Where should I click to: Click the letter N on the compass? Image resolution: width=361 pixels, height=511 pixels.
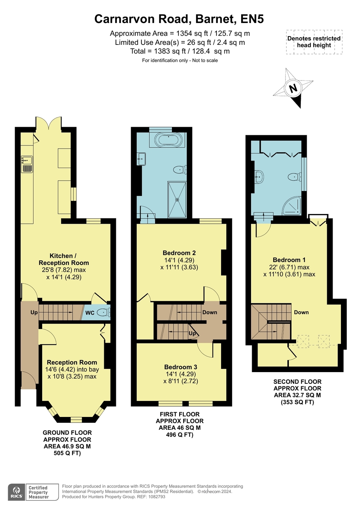(x=293, y=88)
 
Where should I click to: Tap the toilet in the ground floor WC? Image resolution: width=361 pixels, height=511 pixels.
(x=103, y=312)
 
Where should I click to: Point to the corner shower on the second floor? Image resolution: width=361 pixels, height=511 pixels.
(x=292, y=206)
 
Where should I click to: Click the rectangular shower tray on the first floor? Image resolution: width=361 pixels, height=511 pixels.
(x=177, y=200)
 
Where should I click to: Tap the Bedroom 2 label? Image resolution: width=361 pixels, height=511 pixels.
(x=179, y=253)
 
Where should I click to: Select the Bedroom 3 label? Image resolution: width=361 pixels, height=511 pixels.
(x=181, y=367)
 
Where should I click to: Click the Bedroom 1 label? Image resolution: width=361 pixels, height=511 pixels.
(x=289, y=260)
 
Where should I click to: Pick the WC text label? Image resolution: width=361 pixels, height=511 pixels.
(x=90, y=313)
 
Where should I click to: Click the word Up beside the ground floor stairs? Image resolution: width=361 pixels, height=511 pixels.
(x=34, y=312)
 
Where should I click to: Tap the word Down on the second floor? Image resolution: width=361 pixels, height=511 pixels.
(x=301, y=312)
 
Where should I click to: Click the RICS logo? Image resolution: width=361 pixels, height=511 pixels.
(x=16, y=492)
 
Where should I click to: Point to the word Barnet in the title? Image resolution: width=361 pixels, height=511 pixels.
(x=216, y=19)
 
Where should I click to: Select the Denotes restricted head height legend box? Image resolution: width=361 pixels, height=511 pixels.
(x=314, y=42)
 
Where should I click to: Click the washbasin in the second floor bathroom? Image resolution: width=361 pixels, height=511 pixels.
(x=259, y=176)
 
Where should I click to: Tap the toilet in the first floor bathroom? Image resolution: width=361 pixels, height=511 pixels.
(x=180, y=170)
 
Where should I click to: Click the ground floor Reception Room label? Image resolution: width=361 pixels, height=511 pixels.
(x=72, y=362)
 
